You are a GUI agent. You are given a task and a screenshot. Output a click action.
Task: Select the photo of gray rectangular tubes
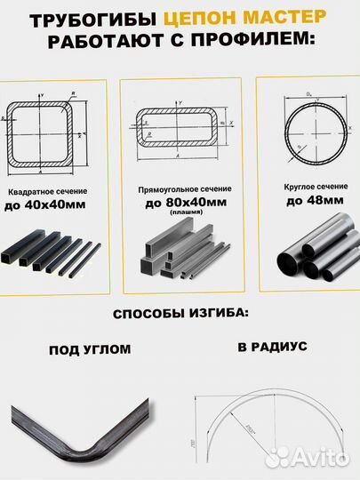pos(181,253)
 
